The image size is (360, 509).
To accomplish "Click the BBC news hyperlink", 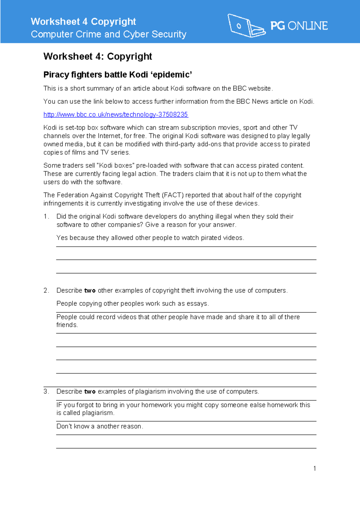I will click(115, 115).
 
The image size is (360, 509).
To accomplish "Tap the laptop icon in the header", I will click(246, 26).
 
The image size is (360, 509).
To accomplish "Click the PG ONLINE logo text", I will click(299, 26).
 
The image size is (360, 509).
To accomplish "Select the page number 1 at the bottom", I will click(314, 468).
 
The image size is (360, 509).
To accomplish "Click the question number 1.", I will click(46, 216).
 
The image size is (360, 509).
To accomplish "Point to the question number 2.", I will click(46, 291).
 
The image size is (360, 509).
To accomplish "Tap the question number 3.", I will click(46, 392).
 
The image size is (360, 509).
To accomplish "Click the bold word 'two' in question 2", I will click(90, 291).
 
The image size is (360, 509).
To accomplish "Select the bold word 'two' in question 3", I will click(90, 392).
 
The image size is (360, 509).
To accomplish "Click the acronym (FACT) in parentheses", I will click(173, 195).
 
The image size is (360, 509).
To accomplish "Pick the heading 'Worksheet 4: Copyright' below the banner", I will click(97, 56).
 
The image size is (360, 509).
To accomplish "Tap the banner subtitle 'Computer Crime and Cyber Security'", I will click(108, 34).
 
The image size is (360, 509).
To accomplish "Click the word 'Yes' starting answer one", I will click(62, 238).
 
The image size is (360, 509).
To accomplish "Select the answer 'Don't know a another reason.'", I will click(100, 426).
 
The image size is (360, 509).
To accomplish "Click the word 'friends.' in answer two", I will click(67, 325).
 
